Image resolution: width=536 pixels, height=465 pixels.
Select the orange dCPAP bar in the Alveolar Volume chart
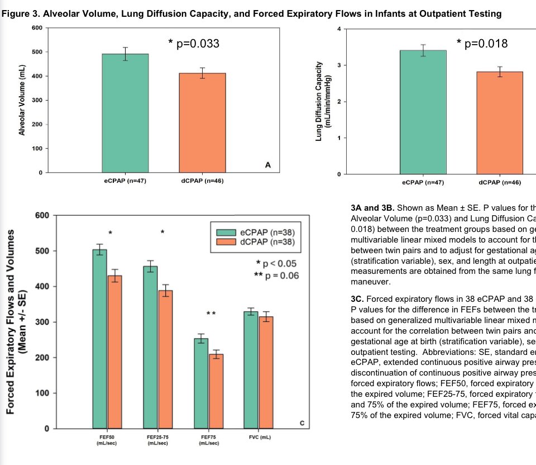(x=202, y=122)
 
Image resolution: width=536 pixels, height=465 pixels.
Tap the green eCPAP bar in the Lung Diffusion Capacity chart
(x=423, y=112)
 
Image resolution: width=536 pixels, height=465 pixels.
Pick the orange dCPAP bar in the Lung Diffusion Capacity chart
(x=500, y=123)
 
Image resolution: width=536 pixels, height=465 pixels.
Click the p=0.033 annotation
(x=194, y=44)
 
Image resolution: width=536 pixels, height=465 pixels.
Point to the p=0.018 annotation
(x=482, y=44)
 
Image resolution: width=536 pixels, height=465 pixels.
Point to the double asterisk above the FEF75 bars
(x=210, y=314)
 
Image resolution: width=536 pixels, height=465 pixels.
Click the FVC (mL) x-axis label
(x=260, y=436)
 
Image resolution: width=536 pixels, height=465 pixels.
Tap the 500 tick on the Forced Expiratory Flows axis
(x=43, y=251)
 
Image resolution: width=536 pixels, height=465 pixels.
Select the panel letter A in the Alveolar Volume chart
(x=267, y=164)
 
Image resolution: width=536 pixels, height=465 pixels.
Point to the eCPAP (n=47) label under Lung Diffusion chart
(x=422, y=182)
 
